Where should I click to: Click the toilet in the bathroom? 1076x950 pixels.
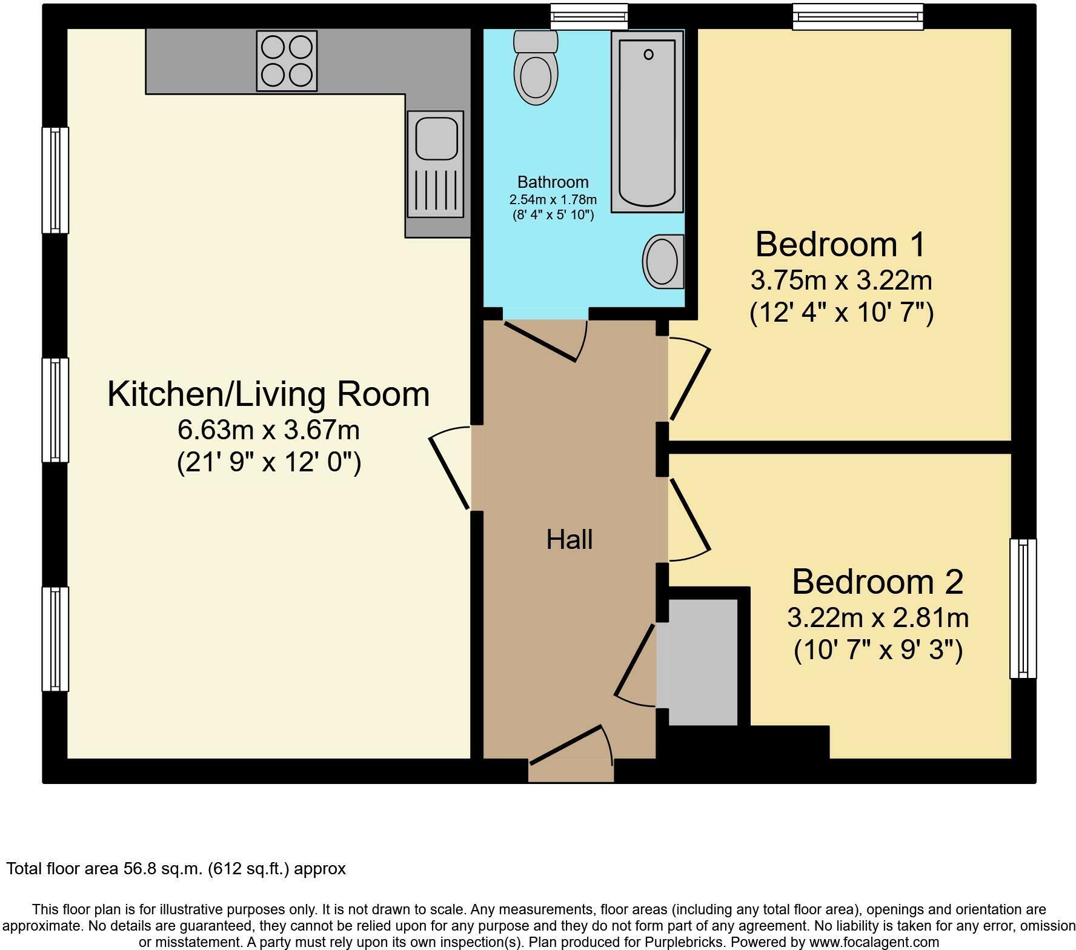pyautogui.click(x=536, y=68)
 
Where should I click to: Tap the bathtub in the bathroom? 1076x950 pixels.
pyautogui.click(x=647, y=122)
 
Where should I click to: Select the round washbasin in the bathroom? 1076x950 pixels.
pyautogui.click(x=663, y=261)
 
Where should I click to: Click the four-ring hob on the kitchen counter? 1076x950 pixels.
pyautogui.click(x=287, y=61)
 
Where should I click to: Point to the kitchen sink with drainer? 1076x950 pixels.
pyautogui.click(x=436, y=164)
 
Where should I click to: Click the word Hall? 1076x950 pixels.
pyautogui.click(x=570, y=539)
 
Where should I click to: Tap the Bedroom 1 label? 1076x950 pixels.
pyautogui.click(x=841, y=244)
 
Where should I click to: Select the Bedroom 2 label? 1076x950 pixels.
pyautogui.click(x=877, y=582)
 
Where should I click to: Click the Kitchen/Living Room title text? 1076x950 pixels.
pyautogui.click(x=268, y=394)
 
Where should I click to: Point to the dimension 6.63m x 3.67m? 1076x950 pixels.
pyautogui.click(x=268, y=430)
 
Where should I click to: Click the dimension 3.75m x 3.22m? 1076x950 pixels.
pyautogui.click(x=841, y=281)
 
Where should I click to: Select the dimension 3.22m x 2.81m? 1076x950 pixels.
pyautogui.click(x=878, y=618)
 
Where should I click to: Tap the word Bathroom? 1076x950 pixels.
pyautogui.click(x=553, y=182)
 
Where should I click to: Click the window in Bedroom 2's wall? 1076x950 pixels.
pyautogui.click(x=1023, y=608)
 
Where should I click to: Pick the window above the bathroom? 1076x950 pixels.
pyautogui.click(x=589, y=16)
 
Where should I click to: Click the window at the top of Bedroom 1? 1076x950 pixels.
pyautogui.click(x=858, y=16)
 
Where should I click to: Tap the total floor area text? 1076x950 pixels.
pyautogui.click(x=176, y=869)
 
